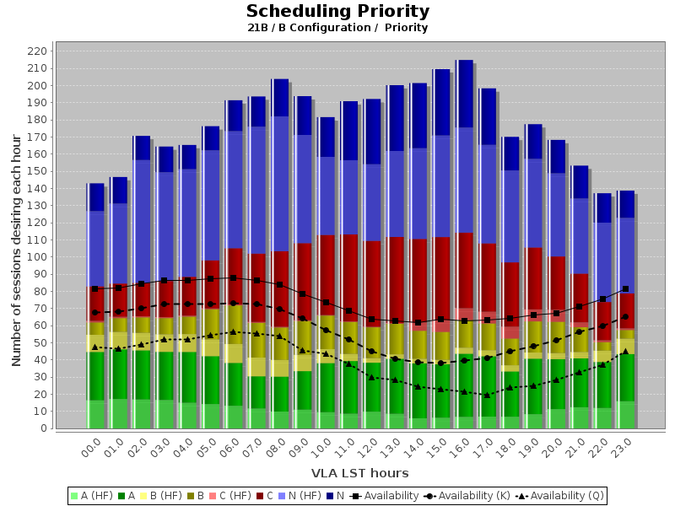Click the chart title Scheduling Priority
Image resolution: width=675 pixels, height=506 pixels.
pyautogui.click(x=337, y=12)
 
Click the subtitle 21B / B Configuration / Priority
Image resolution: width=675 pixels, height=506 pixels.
pyautogui.click(x=337, y=28)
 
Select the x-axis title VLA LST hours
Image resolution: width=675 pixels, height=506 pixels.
pyautogui.click(x=359, y=473)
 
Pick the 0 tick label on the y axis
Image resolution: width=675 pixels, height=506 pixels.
pyautogui.click(x=45, y=428)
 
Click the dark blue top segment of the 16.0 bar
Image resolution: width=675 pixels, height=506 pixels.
pyautogui.click(x=464, y=94)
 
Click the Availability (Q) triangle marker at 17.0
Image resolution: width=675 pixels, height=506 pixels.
pyautogui.click(x=487, y=395)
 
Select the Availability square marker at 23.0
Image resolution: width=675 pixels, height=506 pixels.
pyautogui.click(x=625, y=289)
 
